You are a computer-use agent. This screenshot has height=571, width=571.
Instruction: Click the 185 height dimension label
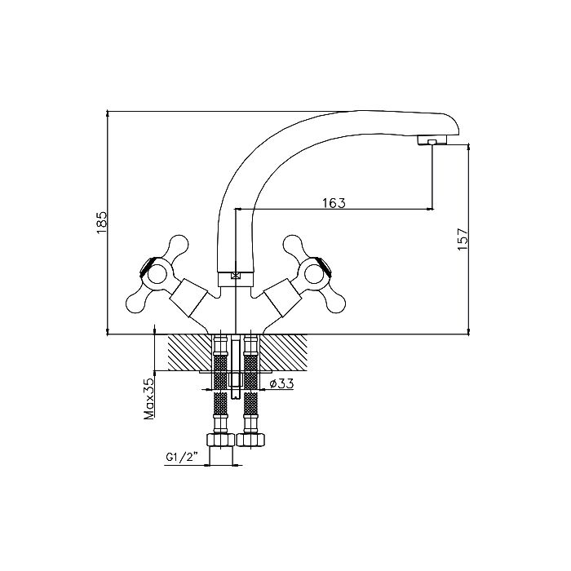102,223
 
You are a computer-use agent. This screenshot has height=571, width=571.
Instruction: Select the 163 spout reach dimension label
334,203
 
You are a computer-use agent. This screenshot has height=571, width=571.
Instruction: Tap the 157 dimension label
463,239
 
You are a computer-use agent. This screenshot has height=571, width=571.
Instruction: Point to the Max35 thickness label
149,398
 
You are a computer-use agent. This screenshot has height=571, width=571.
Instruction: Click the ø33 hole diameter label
281,383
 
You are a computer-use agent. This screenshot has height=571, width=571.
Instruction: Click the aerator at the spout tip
432,140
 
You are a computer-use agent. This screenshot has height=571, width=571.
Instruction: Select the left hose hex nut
220,440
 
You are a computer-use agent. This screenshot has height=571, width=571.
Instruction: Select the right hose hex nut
251,440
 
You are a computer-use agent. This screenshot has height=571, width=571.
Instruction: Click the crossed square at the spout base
236,276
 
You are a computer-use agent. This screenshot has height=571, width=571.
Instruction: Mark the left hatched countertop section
190,352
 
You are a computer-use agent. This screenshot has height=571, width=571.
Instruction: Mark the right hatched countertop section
284,352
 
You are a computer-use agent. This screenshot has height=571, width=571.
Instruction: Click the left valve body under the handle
188,298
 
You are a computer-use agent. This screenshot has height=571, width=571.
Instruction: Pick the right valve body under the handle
282,298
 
